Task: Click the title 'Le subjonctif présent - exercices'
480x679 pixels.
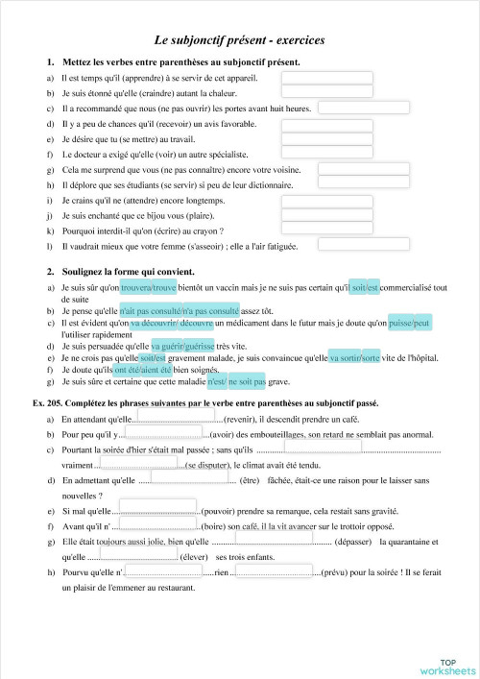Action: point(240,40)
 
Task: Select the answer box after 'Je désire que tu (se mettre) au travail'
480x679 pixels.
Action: point(313,139)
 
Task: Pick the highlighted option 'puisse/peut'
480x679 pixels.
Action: point(410,323)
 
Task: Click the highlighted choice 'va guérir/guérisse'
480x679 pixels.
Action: point(182,346)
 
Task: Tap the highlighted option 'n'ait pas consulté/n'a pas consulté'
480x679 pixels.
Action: point(193,311)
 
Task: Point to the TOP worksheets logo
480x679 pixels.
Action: point(446,666)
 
